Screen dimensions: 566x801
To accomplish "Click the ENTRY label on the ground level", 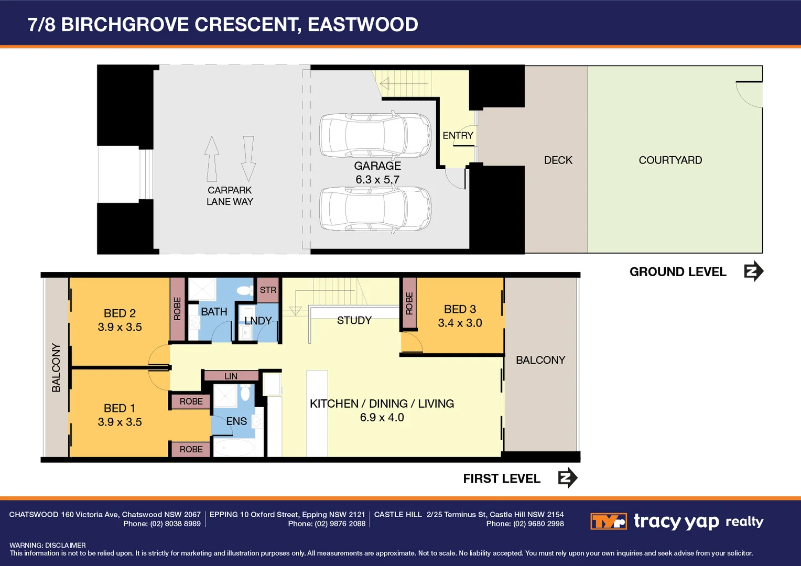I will point(458,136).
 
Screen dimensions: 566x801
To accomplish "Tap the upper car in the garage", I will point(375,135).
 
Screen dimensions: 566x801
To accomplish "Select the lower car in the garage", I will point(375,209).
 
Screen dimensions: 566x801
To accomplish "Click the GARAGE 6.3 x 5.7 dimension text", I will point(377,180).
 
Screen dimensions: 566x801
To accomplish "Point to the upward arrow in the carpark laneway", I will point(212,159).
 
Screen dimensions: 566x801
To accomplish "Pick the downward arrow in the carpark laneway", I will point(248,159).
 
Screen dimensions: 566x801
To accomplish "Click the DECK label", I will point(558,160).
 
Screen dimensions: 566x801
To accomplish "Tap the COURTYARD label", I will point(670,160).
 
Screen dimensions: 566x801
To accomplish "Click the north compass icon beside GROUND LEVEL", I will point(753,271).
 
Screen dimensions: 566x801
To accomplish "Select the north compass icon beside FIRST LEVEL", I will point(567,478).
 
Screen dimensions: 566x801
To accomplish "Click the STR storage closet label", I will point(268,290).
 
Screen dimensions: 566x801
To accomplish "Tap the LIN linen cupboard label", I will point(231,376).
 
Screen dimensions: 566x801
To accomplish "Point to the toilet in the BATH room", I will point(244,290).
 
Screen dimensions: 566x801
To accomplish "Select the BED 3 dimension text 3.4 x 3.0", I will point(460,323).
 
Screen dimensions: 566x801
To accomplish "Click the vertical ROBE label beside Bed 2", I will point(177,309).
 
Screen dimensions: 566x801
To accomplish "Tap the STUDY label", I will point(354,320).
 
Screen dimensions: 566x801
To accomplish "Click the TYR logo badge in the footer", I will point(608,521).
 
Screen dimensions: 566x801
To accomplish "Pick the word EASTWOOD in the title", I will point(363,25).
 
